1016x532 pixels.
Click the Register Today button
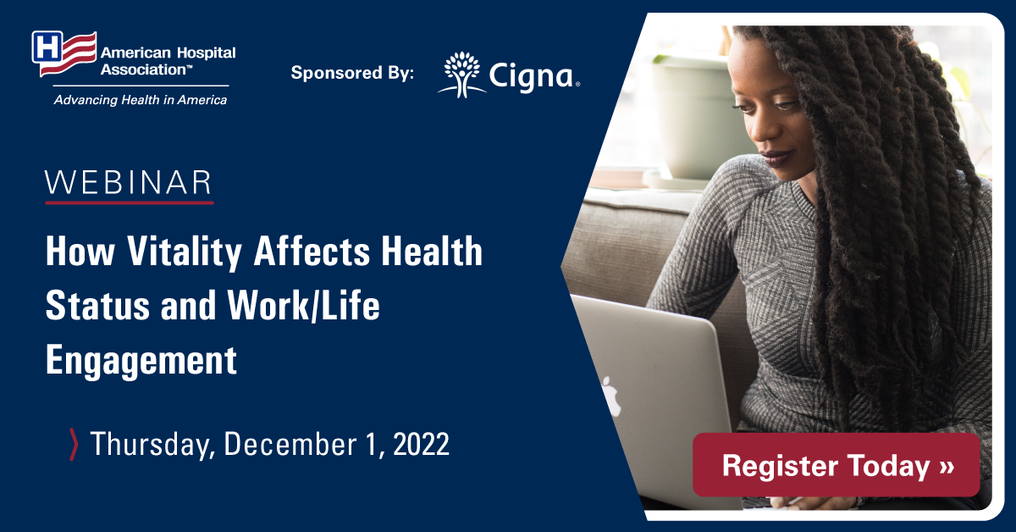[x=836, y=465]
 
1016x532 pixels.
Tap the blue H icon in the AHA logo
[x=47, y=47]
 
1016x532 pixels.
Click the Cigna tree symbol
[x=461, y=75]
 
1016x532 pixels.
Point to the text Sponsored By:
[x=352, y=73]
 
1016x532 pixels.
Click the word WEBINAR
[x=129, y=183]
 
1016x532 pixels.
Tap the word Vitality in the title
[x=184, y=252]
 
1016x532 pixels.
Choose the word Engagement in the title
[x=141, y=360]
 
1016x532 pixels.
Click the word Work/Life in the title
[x=303, y=306]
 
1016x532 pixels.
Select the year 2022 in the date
[x=421, y=444]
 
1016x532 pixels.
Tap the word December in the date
[x=290, y=444]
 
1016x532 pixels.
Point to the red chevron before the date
[x=74, y=445]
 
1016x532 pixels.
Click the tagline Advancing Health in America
[x=141, y=100]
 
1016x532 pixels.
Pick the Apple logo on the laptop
[x=611, y=396]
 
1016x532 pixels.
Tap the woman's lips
[x=777, y=158]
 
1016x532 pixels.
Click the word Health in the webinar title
[x=432, y=252]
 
